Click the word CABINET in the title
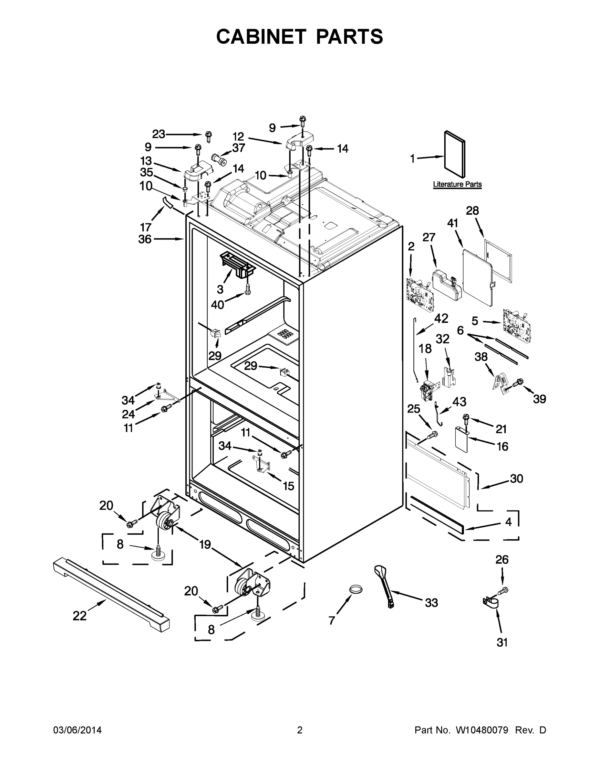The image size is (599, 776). (261, 36)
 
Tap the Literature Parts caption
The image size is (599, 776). (457, 184)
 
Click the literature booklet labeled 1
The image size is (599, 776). (455, 154)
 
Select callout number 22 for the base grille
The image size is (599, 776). (79, 616)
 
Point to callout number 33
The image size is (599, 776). (431, 603)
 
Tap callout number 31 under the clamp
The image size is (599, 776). (502, 642)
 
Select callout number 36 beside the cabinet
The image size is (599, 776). (145, 240)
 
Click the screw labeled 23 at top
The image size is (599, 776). (209, 136)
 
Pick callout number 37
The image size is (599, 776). (238, 148)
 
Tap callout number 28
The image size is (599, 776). (472, 211)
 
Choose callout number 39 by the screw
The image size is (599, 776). (539, 399)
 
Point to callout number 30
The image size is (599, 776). (516, 479)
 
